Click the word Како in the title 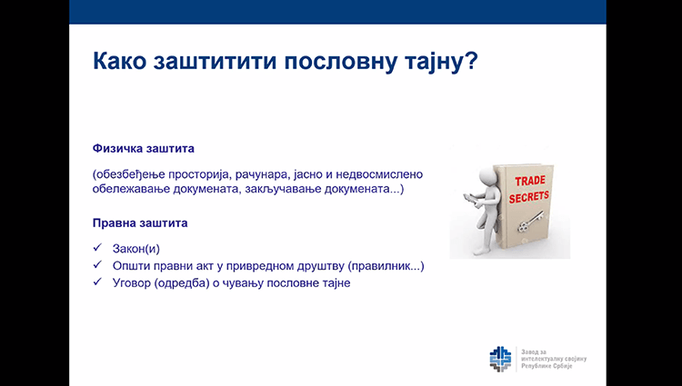tap(120, 61)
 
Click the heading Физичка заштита tap(143, 148)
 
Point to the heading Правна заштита tap(140, 223)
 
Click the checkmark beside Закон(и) tap(97, 247)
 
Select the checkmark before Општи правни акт tap(97, 264)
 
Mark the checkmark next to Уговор tap(97, 282)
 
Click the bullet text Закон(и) tap(136, 249)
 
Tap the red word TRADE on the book tap(530, 181)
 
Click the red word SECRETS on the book tap(529, 197)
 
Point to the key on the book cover tap(531, 221)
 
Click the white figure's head tap(487, 178)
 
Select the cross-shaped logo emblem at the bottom tap(500, 359)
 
